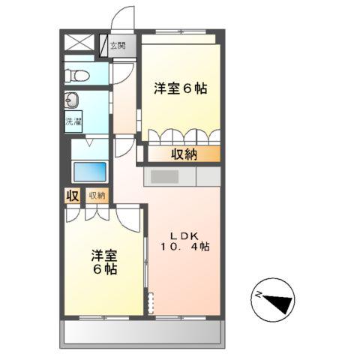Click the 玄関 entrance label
pos(118,46)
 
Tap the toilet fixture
pos(76,75)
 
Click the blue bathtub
pos(90,170)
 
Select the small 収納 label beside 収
pos(97,196)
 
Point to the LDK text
pos(182,232)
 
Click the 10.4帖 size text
pos(184,245)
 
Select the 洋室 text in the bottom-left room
pos(103,253)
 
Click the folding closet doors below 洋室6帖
pos(184,136)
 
